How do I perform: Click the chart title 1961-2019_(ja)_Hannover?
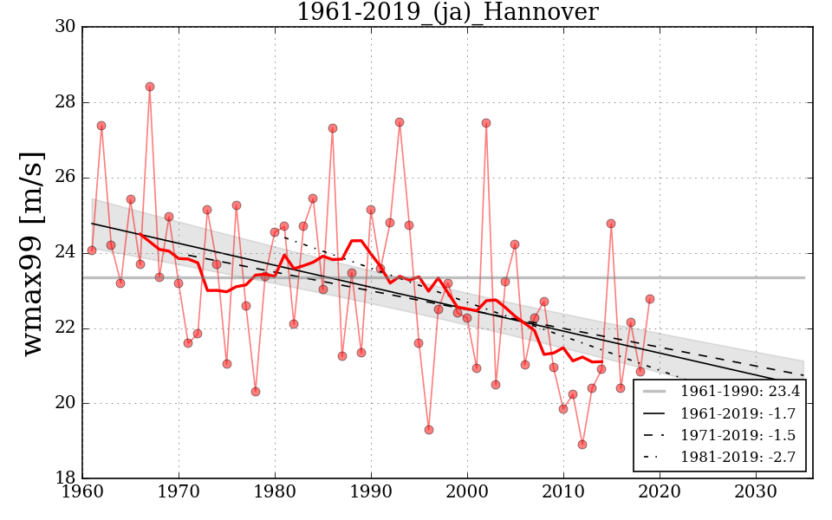447,13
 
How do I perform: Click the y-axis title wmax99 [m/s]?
33,252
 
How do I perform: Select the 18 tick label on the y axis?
64,478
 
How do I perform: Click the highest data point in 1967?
150,87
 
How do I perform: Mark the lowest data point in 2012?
582,445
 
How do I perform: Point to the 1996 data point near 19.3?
429,430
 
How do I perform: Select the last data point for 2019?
650,299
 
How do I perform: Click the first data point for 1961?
92,250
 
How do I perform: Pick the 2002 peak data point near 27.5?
486,123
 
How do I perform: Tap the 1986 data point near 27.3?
333,128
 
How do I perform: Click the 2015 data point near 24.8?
611,224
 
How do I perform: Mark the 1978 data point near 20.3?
256,392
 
